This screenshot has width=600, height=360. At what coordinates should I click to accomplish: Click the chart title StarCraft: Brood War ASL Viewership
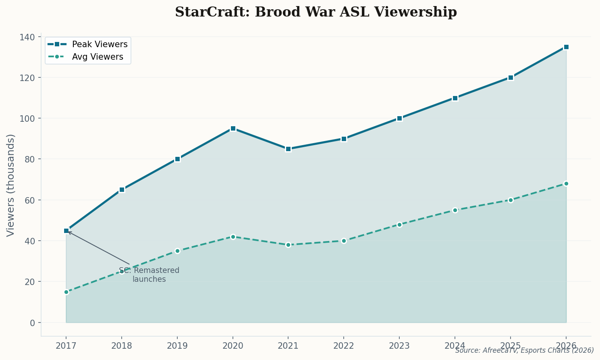(x=316, y=12)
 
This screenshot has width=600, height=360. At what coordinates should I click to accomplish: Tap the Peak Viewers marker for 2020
(x=233, y=129)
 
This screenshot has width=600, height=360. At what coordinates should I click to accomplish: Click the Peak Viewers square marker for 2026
(x=566, y=47)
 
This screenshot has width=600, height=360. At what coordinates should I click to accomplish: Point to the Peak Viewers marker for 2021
(x=288, y=149)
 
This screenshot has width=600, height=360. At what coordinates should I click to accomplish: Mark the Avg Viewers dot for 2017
(x=66, y=292)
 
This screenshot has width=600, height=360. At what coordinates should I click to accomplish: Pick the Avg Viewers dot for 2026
(x=566, y=183)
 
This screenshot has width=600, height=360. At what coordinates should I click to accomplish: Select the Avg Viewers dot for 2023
(x=399, y=225)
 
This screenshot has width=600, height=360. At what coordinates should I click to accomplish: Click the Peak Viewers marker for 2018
(x=122, y=189)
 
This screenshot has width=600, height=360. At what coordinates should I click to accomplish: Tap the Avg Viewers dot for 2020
(x=233, y=237)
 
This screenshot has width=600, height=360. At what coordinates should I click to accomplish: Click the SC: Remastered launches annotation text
(x=149, y=275)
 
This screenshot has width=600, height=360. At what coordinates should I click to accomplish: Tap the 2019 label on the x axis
(x=177, y=345)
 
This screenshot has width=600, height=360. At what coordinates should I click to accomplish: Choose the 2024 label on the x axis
(x=455, y=345)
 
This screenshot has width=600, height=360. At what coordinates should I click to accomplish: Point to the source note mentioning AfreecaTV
(x=524, y=350)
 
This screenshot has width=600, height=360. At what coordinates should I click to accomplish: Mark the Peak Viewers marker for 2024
(x=455, y=98)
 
